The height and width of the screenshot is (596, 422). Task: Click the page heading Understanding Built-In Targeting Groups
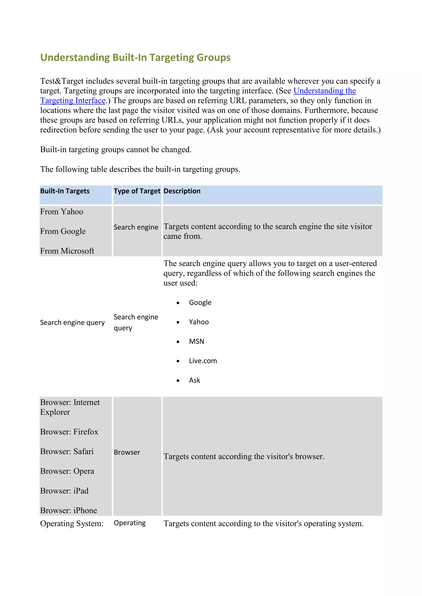pyautogui.click(x=135, y=57)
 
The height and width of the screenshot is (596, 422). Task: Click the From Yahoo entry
pyautogui.click(x=62, y=212)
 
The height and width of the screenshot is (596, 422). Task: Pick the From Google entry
pyautogui.click(x=63, y=231)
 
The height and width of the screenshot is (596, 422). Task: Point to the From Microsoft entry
pyautogui.click(x=67, y=251)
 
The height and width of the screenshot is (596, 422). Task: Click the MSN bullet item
pyautogui.click(x=196, y=341)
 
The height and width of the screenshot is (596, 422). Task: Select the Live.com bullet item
pyautogui.click(x=203, y=361)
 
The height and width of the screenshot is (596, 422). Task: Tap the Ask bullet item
pyautogui.click(x=194, y=380)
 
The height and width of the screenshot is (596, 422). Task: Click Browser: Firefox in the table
pyautogui.click(x=69, y=432)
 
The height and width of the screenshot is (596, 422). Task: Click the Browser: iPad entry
pyautogui.click(x=64, y=491)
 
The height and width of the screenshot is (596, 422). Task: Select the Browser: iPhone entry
pyautogui.click(x=69, y=511)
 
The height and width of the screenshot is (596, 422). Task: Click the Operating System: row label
pyautogui.click(x=72, y=524)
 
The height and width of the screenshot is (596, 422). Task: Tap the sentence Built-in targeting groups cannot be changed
pyautogui.click(x=116, y=150)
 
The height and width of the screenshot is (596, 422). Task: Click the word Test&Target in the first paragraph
pyautogui.click(x=62, y=81)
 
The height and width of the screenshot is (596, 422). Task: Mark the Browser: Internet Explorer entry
pyautogui.click(x=70, y=407)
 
